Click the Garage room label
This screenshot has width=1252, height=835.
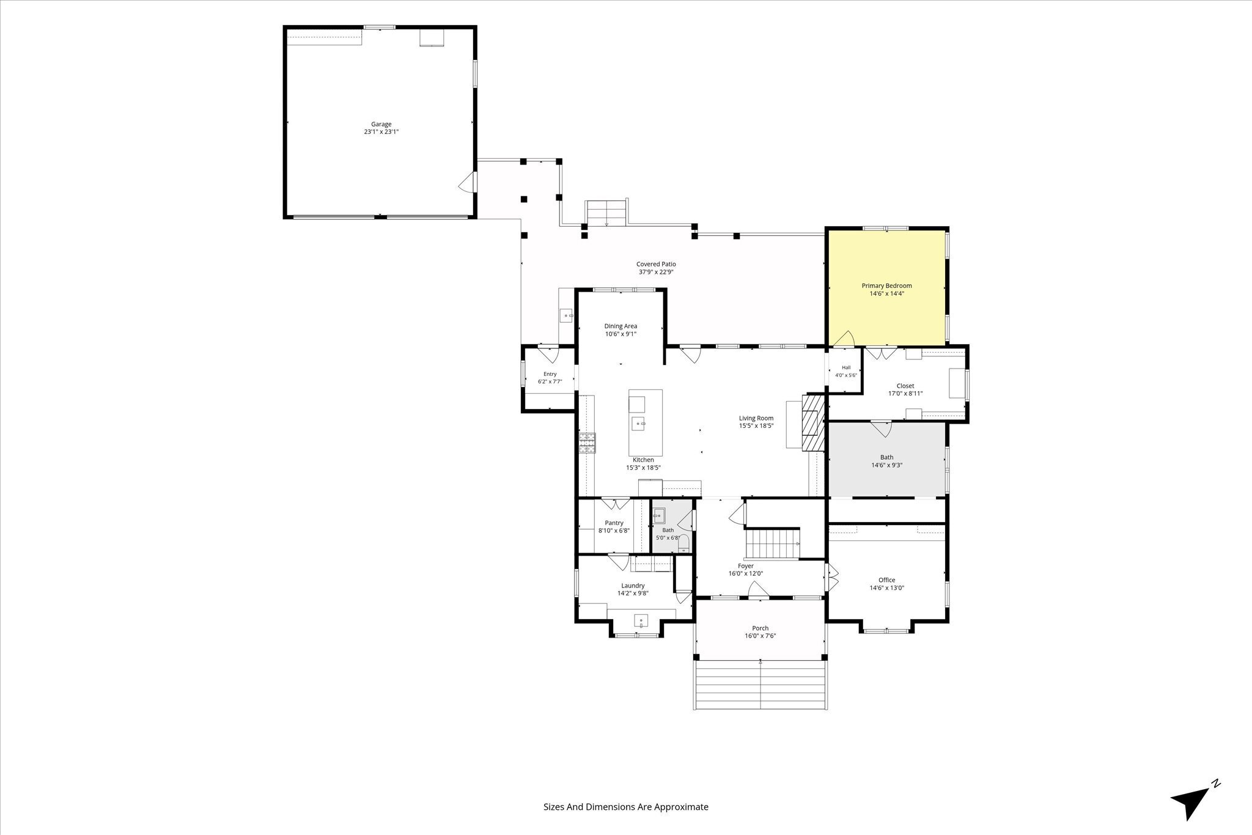(x=381, y=124)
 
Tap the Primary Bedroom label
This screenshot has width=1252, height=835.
(x=886, y=285)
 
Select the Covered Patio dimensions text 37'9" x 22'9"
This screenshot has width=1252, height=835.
(x=656, y=272)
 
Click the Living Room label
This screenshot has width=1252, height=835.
(x=756, y=418)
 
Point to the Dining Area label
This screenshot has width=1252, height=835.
(x=620, y=326)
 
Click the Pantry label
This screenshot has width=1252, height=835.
(x=614, y=523)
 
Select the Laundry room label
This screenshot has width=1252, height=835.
(x=633, y=585)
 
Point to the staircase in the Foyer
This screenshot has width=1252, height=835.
(x=772, y=544)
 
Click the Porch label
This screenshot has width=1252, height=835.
(x=760, y=628)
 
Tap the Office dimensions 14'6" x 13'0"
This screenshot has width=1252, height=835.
(x=886, y=588)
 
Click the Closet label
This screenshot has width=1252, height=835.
(x=905, y=386)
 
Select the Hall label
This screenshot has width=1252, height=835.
(x=846, y=367)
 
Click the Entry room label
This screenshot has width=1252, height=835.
(x=550, y=374)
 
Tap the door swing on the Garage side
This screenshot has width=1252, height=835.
(x=467, y=182)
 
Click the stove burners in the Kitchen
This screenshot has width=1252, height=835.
(x=587, y=443)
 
